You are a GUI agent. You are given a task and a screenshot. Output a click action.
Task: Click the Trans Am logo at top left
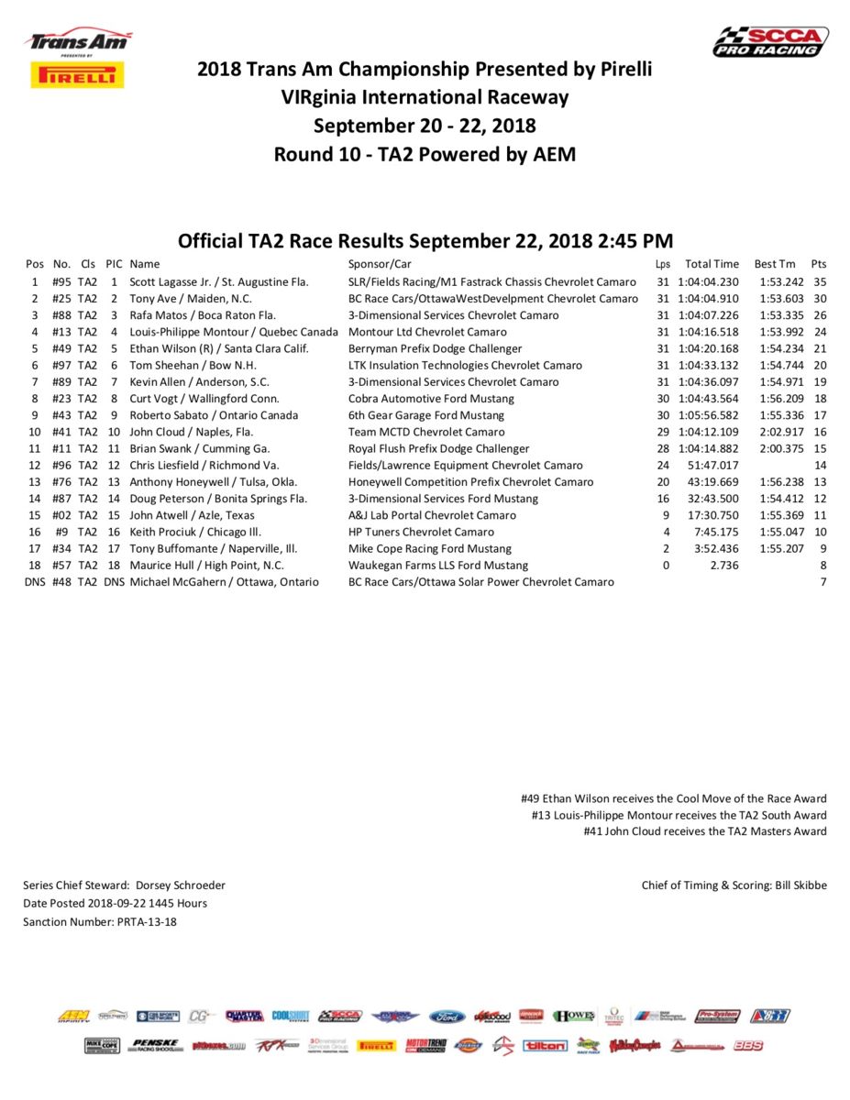(x=78, y=41)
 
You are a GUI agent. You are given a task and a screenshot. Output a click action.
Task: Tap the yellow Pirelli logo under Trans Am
(x=77, y=74)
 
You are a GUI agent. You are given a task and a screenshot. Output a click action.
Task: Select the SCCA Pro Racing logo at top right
(x=770, y=42)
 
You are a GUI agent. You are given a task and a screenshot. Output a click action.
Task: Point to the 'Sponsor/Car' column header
(x=380, y=264)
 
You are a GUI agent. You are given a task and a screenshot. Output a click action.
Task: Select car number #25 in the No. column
(x=62, y=299)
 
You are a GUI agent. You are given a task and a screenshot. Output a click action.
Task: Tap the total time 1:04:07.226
(x=708, y=315)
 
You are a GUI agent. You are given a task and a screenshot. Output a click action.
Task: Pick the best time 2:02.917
(x=781, y=432)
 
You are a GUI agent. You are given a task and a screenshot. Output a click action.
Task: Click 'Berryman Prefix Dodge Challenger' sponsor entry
(x=435, y=348)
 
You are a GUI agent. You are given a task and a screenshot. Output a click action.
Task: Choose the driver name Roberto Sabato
(x=168, y=415)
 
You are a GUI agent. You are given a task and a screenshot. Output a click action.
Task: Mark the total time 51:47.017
(x=712, y=466)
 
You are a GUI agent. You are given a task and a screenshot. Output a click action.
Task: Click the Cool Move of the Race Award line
(x=673, y=798)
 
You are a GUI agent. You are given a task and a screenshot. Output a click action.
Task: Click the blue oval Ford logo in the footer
(x=447, y=1017)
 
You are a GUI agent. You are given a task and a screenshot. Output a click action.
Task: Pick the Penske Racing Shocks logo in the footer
(x=155, y=1045)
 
